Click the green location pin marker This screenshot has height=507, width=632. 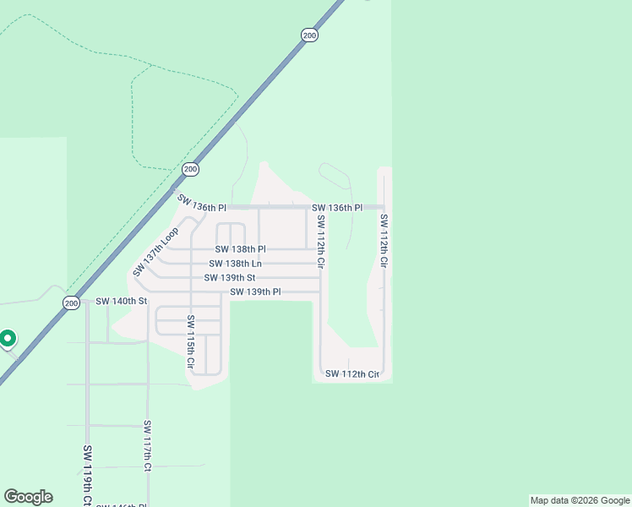[x=8, y=339]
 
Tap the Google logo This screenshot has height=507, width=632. [x=28, y=497]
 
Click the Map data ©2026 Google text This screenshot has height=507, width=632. [x=580, y=500]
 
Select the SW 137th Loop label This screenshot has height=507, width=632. [x=156, y=251]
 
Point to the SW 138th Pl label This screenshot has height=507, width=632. [x=240, y=249]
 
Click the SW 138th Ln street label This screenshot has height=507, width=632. [x=235, y=264]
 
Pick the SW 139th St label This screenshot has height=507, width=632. [x=229, y=278]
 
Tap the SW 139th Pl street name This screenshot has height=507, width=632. [x=255, y=292]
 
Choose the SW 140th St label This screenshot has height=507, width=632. [x=122, y=301]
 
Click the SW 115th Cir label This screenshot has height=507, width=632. [x=191, y=344]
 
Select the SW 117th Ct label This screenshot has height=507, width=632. [x=147, y=445]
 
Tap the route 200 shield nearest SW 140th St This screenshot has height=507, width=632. [x=71, y=303]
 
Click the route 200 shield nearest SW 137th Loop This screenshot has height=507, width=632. [x=191, y=169]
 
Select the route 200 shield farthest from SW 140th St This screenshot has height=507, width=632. [x=309, y=35]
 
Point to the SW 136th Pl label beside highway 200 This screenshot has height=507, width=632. [x=202, y=204]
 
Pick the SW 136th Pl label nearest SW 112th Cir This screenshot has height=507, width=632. [x=336, y=207]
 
